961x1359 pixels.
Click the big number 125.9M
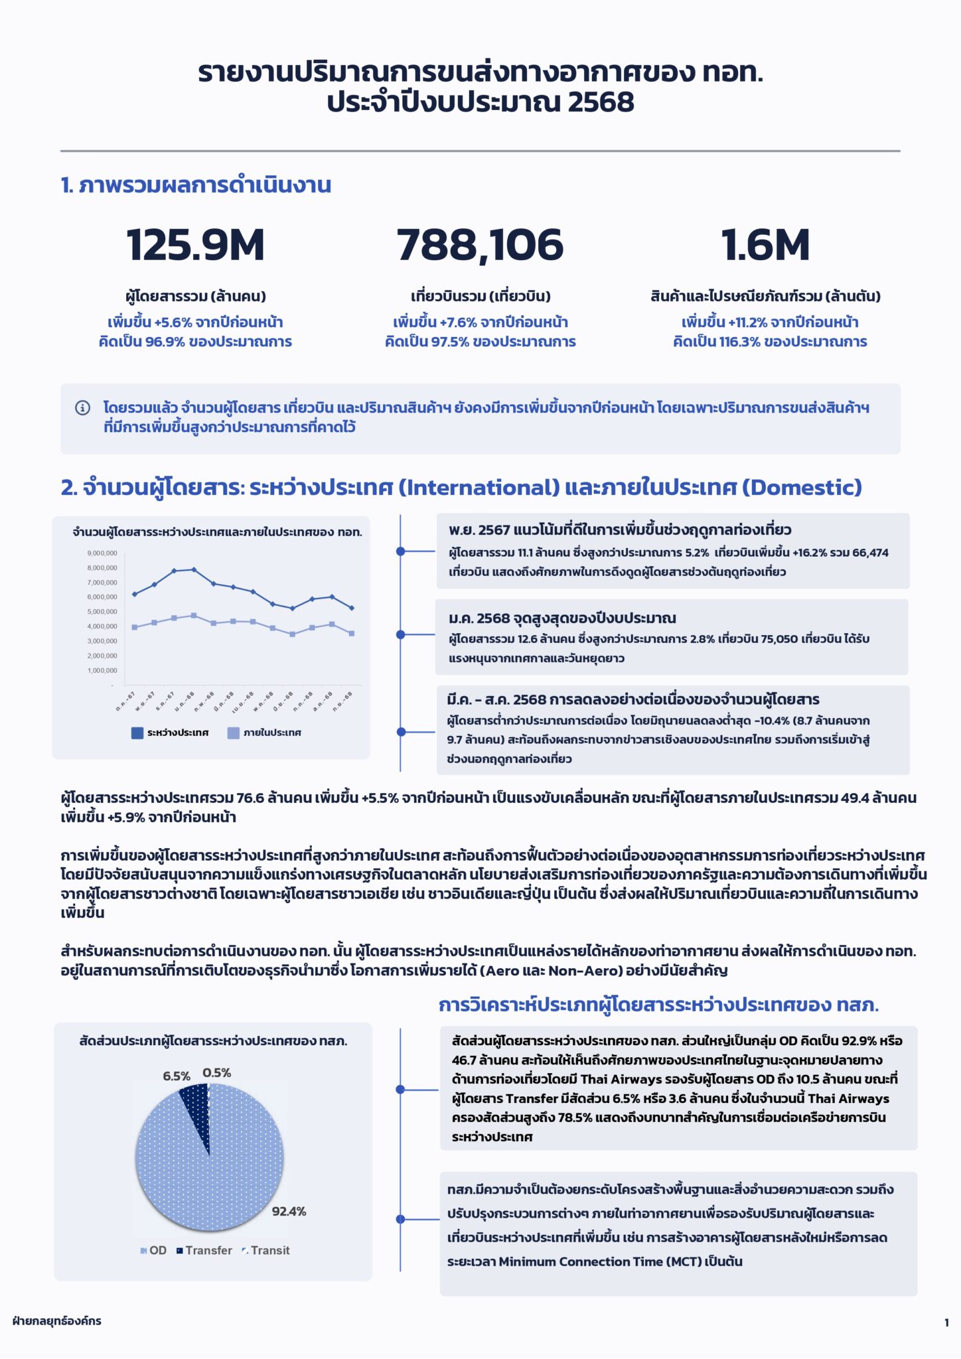coord(195,245)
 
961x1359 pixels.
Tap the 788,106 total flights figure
coord(480,245)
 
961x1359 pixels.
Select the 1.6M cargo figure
coord(765,245)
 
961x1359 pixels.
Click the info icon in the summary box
coord(83,407)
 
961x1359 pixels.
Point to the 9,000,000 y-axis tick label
coord(102,553)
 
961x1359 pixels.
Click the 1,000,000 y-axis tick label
coord(102,671)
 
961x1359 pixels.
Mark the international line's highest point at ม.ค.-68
coord(194,569)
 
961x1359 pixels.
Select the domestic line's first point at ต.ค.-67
coord(135,627)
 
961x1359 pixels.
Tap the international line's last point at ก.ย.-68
coord(352,608)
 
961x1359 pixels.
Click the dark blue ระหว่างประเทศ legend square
coord(137,733)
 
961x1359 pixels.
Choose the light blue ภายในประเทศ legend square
coord(233,733)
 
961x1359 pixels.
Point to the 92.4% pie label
coord(289,1211)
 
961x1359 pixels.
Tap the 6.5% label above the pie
coord(177,1076)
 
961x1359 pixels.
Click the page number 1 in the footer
coord(946,1323)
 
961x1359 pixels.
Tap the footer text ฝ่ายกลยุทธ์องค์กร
coord(57,1321)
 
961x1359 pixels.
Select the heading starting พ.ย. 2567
coord(619,530)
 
